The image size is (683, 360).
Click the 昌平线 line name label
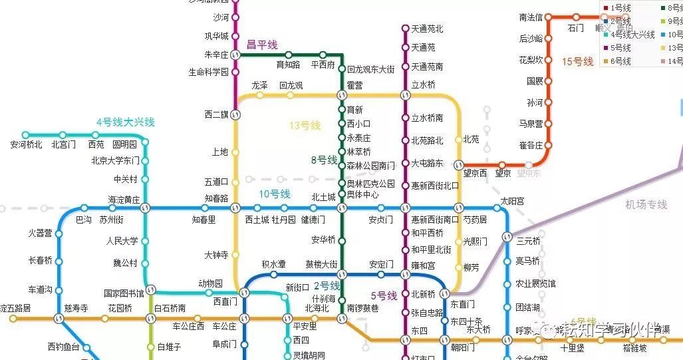[261, 45]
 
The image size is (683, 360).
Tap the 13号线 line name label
[305, 125]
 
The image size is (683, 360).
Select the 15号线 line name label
[577, 61]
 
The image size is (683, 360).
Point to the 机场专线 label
[646, 204]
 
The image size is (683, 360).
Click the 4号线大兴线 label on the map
[125, 122]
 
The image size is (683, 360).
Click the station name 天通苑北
[427, 29]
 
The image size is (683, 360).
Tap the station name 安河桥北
[27, 144]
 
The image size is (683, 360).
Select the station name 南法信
[531, 17]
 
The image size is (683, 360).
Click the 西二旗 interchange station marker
[235, 114]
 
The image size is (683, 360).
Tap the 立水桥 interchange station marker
[404, 96]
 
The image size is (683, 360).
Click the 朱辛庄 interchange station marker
[235, 55]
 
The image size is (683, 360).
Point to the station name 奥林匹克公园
[370, 184]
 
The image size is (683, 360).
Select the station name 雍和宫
[423, 265]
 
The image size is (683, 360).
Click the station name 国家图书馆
[124, 292]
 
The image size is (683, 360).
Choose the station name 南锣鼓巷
[362, 308]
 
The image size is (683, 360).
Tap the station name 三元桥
[528, 241]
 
